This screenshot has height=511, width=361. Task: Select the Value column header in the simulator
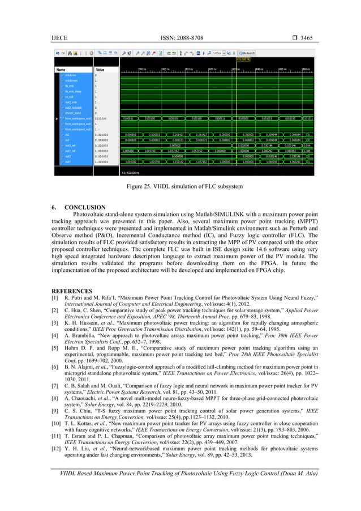point(100,70)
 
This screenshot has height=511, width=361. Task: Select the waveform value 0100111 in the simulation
point(220,118)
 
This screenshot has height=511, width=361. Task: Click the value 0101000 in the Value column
point(102,118)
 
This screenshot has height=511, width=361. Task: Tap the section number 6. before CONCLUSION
point(54,207)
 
